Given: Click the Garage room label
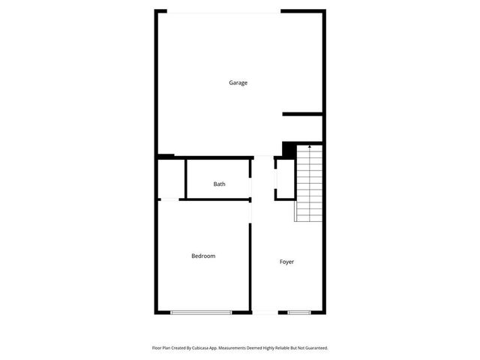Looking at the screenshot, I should pos(238,82).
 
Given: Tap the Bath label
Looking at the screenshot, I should pos(219,184).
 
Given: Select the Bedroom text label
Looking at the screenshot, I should pos(203,256).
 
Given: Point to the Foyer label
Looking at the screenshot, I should pos(286,262).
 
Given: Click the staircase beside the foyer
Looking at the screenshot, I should pos(309,184).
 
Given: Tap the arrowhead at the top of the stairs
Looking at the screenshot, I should pos(310,148).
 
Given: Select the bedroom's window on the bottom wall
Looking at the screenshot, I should pos(201,312).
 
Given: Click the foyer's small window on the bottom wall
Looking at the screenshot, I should pos(299,312).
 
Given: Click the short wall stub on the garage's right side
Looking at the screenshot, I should pos(302,114).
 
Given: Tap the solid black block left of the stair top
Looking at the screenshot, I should pos(289,148).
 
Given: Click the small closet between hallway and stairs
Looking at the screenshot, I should pos(285,179).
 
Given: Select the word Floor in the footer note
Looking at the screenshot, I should pos(156,348).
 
